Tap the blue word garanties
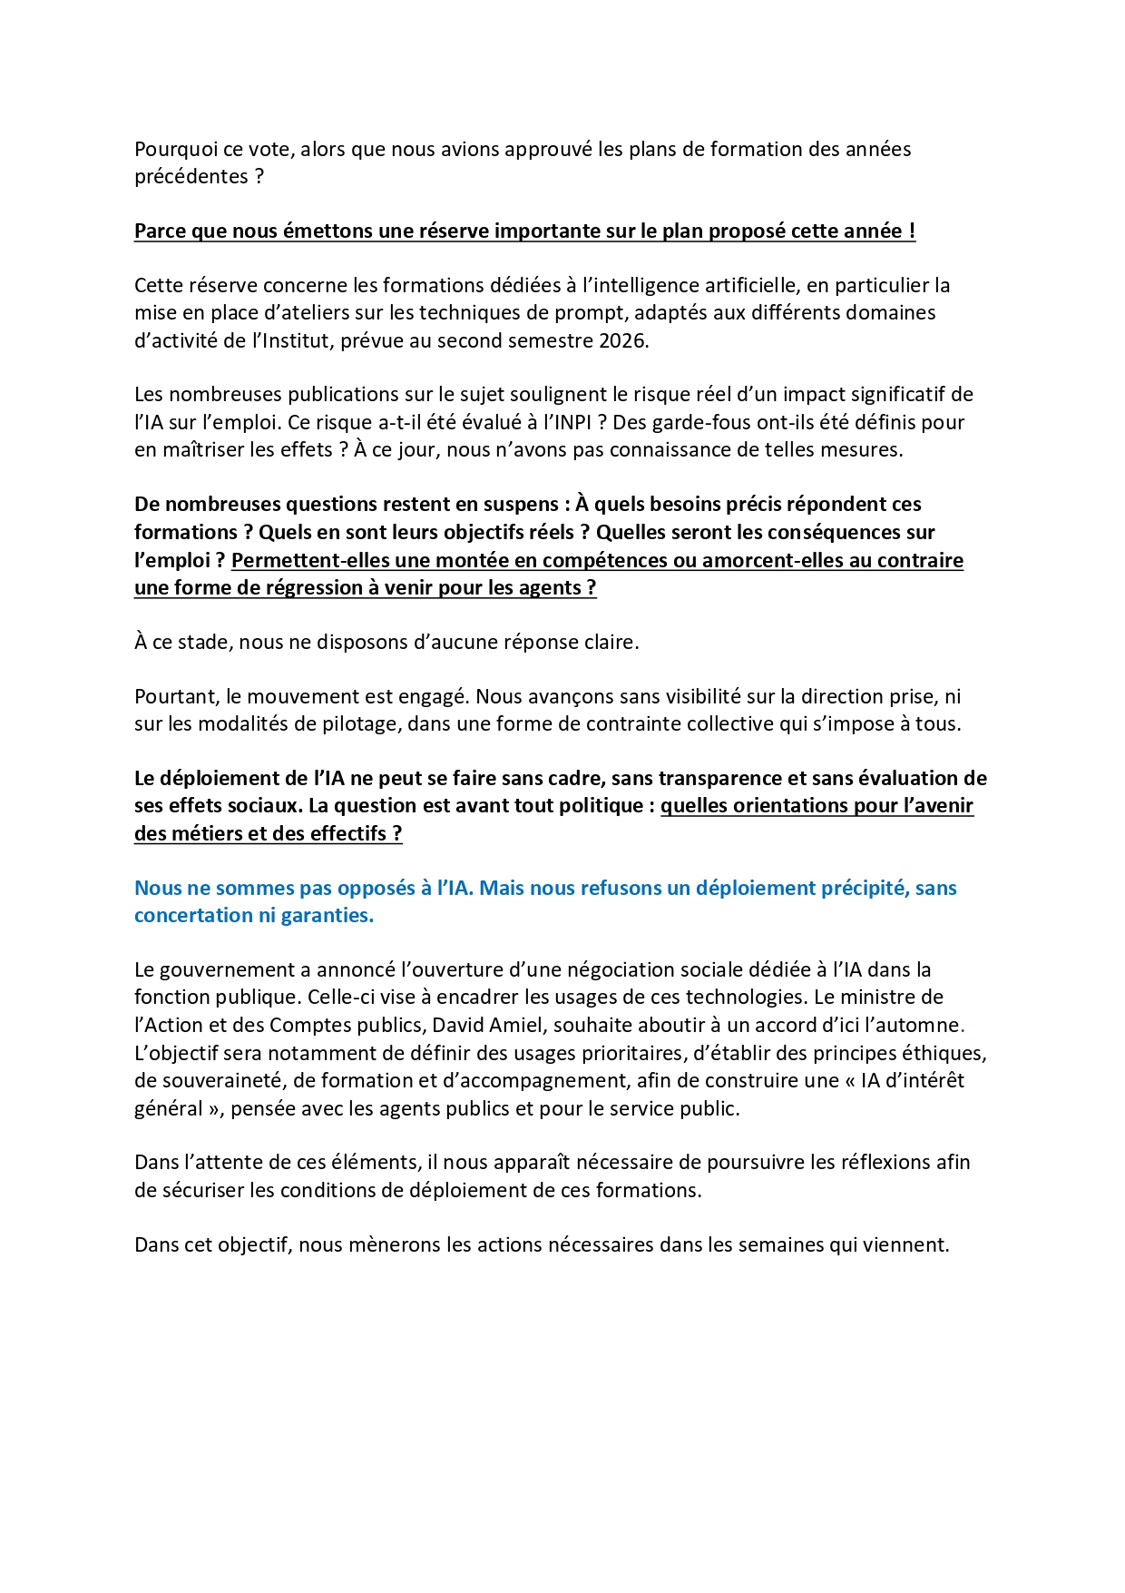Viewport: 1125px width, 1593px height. click(x=327, y=916)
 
